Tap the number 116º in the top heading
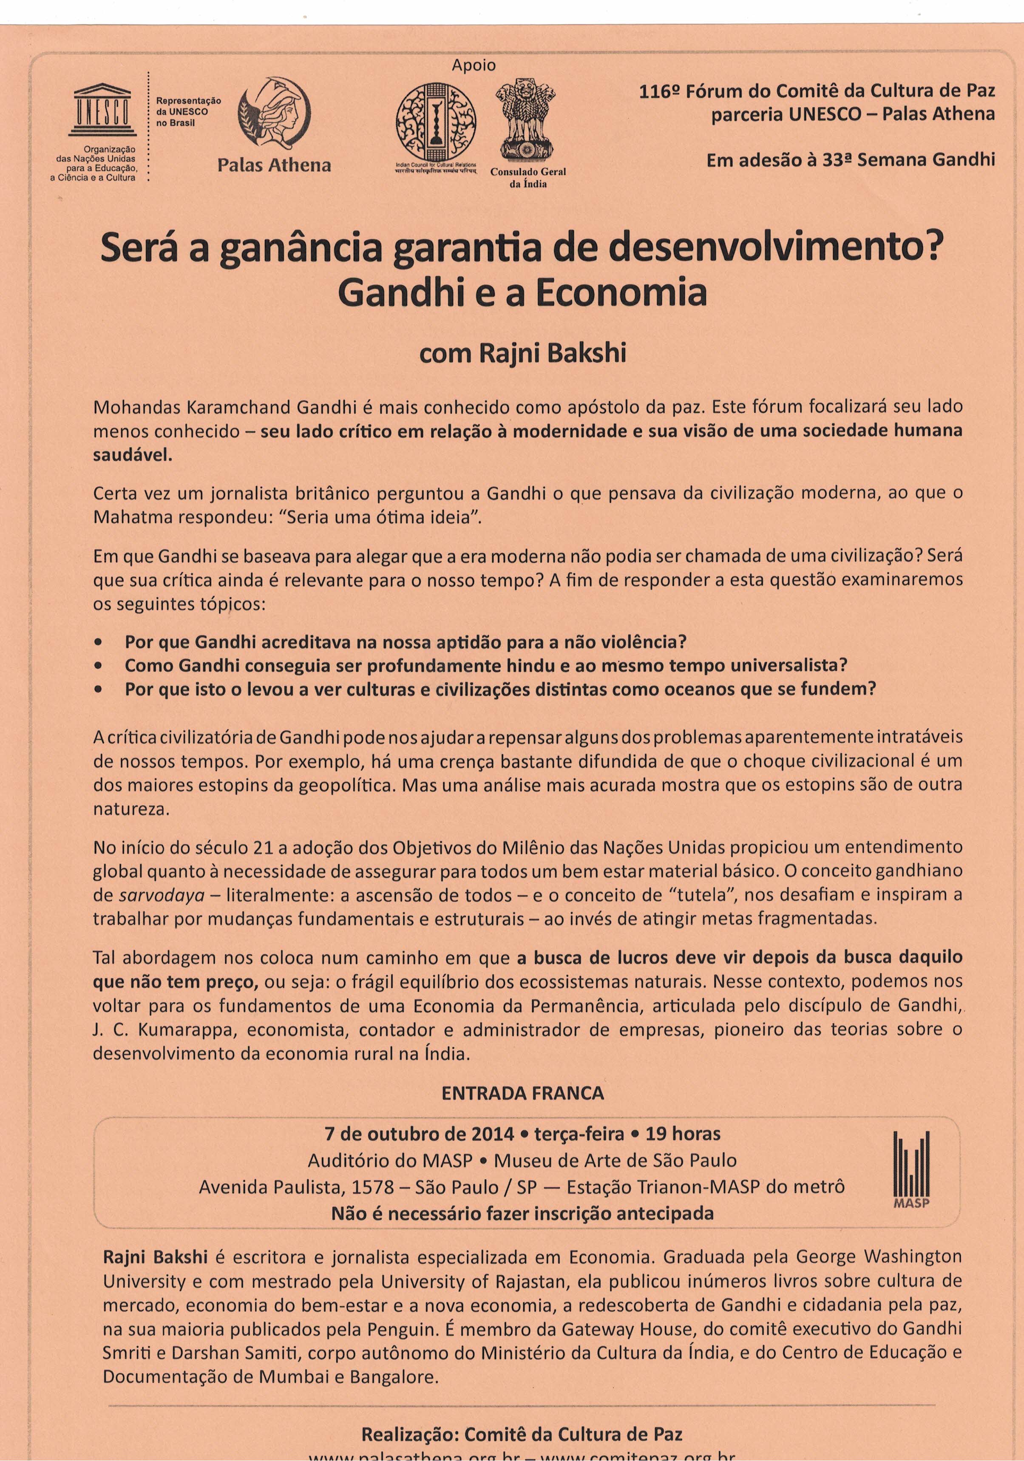(x=659, y=91)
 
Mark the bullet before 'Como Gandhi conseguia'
(x=99, y=666)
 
